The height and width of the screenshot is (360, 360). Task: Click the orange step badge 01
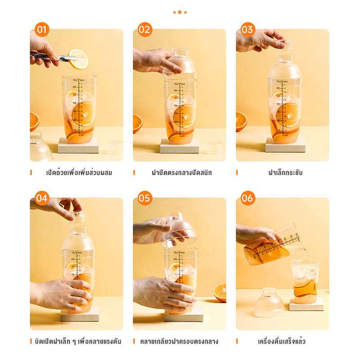pyautogui.click(x=42, y=30)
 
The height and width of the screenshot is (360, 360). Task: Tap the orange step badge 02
pyautogui.click(x=145, y=30)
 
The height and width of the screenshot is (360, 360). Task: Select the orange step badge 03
pyautogui.click(x=248, y=30)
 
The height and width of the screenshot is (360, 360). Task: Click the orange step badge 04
pyautogui.click(x=42, y=198)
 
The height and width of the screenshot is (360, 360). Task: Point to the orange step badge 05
pyautogui.click(x=145, y=198)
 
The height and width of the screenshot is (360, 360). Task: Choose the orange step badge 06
pyautogui.click(x=248, y=198)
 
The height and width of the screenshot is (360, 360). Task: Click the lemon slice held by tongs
pyautogui.click(x=79, y=58)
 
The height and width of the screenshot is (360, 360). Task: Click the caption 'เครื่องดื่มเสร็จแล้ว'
pyautogui.click(x=282, y=342)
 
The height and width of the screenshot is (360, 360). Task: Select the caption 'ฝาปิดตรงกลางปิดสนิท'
pyautogui.click(x=182, y=173)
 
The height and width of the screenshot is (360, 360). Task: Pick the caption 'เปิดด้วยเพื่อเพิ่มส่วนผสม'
pyautogui.click(x=79, y=173)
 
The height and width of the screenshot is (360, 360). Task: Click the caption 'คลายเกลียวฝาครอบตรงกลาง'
pyautogui.click(x=179, y=342)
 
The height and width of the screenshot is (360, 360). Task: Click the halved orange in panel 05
pyautogui.click(x=220, y=292)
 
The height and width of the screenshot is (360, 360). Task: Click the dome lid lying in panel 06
pyautogui.click(x=269, y=304)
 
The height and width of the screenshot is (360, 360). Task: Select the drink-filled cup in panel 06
pyautogui.click(x=305, y=281)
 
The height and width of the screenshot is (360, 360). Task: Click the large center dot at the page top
pyautogui.click(x=180, y=12)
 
